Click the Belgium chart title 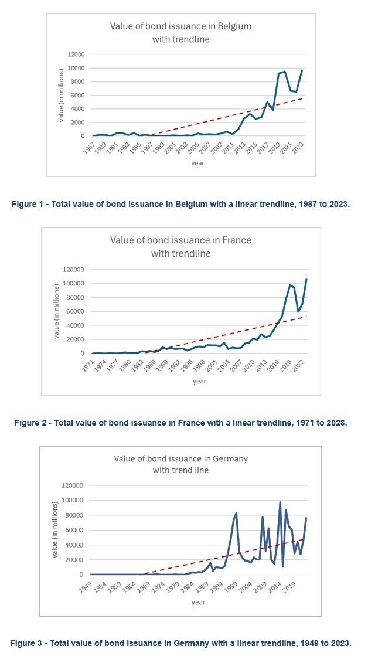tap(180, 32)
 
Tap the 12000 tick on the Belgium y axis tap(76, 55)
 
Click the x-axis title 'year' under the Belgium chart tap(197, 163)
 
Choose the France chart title tap(180, 247)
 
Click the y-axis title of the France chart tap(57, 311)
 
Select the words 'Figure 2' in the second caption tap(31, 423)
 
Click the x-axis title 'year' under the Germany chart tap(198, 602)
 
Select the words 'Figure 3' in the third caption tap(27, 643)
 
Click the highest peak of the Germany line tap(280, 502)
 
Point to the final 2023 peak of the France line tap(306, 279)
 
